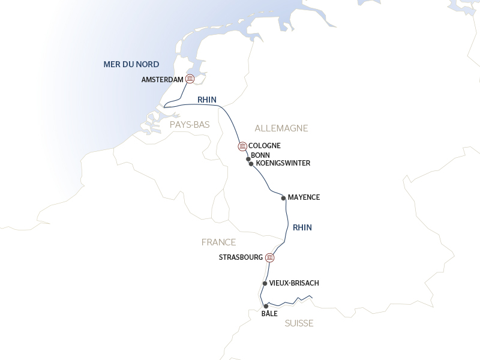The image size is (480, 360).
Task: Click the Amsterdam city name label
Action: [x=163, y=79]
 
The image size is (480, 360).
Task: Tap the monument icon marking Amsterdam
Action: [x=190, y=79]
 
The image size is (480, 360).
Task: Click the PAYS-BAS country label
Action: [x=190, y=124]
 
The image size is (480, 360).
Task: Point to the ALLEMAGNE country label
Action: [x=281, y=128]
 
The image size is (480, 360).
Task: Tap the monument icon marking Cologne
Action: [x=242, y=146]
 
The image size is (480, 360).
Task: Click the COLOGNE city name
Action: [x=265, y=146]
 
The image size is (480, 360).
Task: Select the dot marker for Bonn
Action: [x=248, y=159]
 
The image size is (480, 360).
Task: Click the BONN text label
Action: [x=260, y=155]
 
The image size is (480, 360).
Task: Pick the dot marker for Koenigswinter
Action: [x=251, y=163]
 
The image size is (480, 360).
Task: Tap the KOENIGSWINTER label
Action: [x=283, y=163]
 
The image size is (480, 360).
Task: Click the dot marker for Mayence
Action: [x=283, y=197]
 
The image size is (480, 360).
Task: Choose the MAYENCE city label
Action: [x=304, y=197]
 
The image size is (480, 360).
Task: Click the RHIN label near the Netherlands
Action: [x=206, y=100]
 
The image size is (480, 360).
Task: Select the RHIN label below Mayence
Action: [x=302, y=227]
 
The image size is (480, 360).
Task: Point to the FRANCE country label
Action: [x=218, y=242]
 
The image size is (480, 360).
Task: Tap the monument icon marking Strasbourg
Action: [x=270, y=257]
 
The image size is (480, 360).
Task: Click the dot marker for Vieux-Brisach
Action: [x=265, y=283]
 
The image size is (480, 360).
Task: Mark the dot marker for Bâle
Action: [x=266, y=306]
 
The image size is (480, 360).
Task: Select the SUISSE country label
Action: [x=299, y=323]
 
